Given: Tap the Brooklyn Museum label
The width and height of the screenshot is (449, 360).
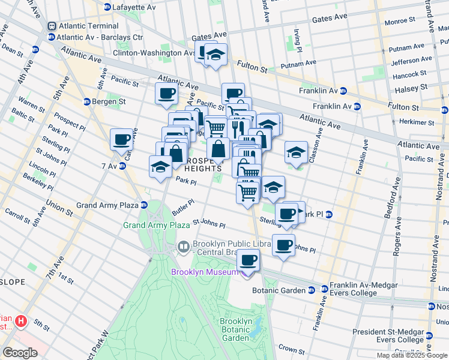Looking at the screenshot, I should [x=205, y=272].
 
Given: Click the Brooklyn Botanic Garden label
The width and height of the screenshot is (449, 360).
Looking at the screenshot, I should [x=236, y=329].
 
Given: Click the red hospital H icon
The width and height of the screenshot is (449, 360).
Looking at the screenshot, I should [x=22, y=322].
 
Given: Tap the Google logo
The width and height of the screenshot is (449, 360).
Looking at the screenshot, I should [x=20, y=353].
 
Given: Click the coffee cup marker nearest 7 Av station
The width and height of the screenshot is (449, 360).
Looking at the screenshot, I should [x=122, y=140].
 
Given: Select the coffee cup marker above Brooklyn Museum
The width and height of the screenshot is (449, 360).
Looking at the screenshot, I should [x=248, y=260].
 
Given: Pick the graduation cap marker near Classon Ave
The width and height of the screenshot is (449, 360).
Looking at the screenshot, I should [x=296, y=152].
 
